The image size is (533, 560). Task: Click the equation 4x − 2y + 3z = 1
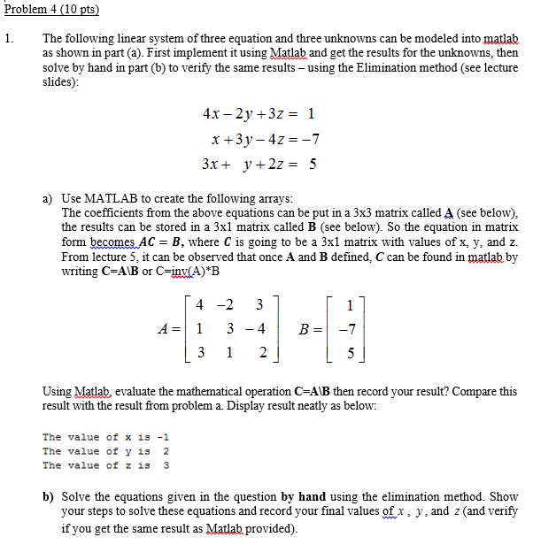tap(259, 113)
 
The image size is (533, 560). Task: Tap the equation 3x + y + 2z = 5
tap(259, 164)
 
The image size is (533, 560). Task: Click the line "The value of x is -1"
tap(105, 437)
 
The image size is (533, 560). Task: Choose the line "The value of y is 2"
tap(105, 451)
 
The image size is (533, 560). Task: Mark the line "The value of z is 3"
tap(105, 465)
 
